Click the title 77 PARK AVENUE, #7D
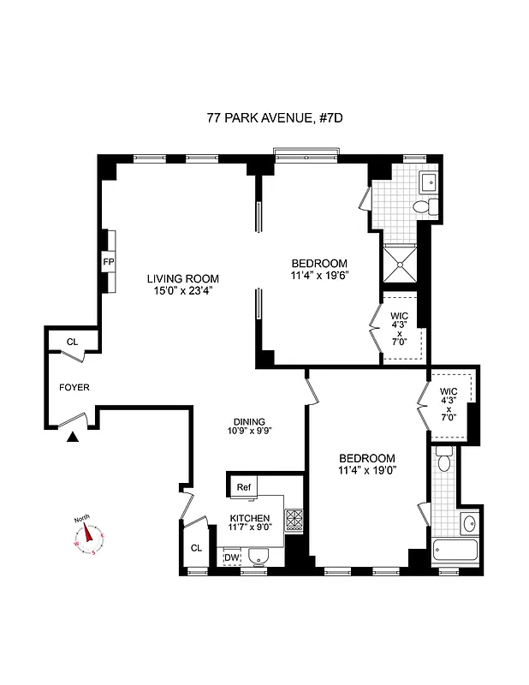(x=264, y=119)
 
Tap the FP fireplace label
(x=109, y=261)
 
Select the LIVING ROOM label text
(x=182, y=278)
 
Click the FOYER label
(x=74, y=387)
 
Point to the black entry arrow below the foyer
(x=73, y=438)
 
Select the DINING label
(x=249, y=421)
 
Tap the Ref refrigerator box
(x=244, y=487)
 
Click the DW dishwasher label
(x=231, y=558)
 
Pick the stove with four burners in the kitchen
(x=294, y=521)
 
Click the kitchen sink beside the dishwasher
(x=259, y=558)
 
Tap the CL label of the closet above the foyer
(x=72, y=342)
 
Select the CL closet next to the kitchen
(x=196, y=548)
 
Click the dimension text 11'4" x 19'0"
(x=366, y=469)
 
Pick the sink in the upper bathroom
(x=427, y=182)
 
